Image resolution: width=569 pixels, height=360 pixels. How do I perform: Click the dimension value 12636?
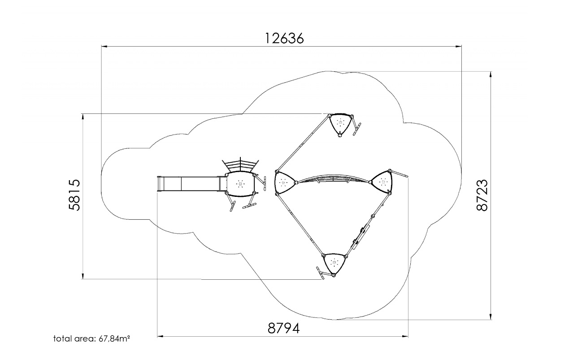284,39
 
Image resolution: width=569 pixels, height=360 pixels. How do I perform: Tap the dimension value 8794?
283,328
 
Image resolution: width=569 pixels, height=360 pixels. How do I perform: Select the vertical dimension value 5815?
74,195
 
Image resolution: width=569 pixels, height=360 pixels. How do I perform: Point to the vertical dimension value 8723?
482,195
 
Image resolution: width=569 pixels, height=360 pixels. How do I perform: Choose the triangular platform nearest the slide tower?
284,182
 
